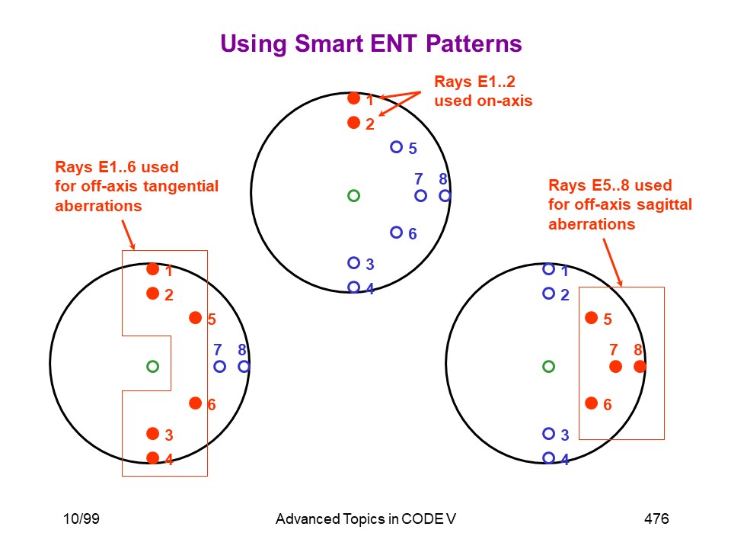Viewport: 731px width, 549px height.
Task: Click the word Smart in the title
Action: (x=329, y=44)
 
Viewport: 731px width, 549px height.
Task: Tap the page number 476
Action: (x=656, y=518)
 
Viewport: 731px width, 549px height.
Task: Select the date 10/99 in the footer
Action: (x=81, y=518)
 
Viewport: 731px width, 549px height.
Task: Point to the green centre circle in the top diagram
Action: (x=354, y=196)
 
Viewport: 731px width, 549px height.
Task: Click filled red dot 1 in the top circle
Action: (x=354, y=98)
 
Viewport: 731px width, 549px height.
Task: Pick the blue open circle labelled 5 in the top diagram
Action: (x=396, y=147)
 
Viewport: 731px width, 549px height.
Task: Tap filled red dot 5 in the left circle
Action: (x=196, y=318)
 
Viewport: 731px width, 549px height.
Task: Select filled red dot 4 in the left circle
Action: (x=152, y=458)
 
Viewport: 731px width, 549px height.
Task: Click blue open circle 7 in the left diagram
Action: (x=219, y=367)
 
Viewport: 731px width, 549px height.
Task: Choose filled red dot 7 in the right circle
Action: (x=615, y=367)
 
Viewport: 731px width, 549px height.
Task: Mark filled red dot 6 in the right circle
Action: (x=591, y=403)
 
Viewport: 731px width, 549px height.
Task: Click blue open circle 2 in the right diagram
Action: (x=549, y=293)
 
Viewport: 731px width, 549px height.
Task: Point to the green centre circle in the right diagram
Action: (x=549, y=367)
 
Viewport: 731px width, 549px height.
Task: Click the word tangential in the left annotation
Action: (x=181, y=187)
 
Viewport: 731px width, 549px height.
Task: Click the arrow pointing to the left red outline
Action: (x=129, y=235)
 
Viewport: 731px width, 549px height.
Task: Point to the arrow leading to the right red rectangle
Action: (x=612, y=262)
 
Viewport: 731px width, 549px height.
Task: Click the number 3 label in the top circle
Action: (x=370, y=265)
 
